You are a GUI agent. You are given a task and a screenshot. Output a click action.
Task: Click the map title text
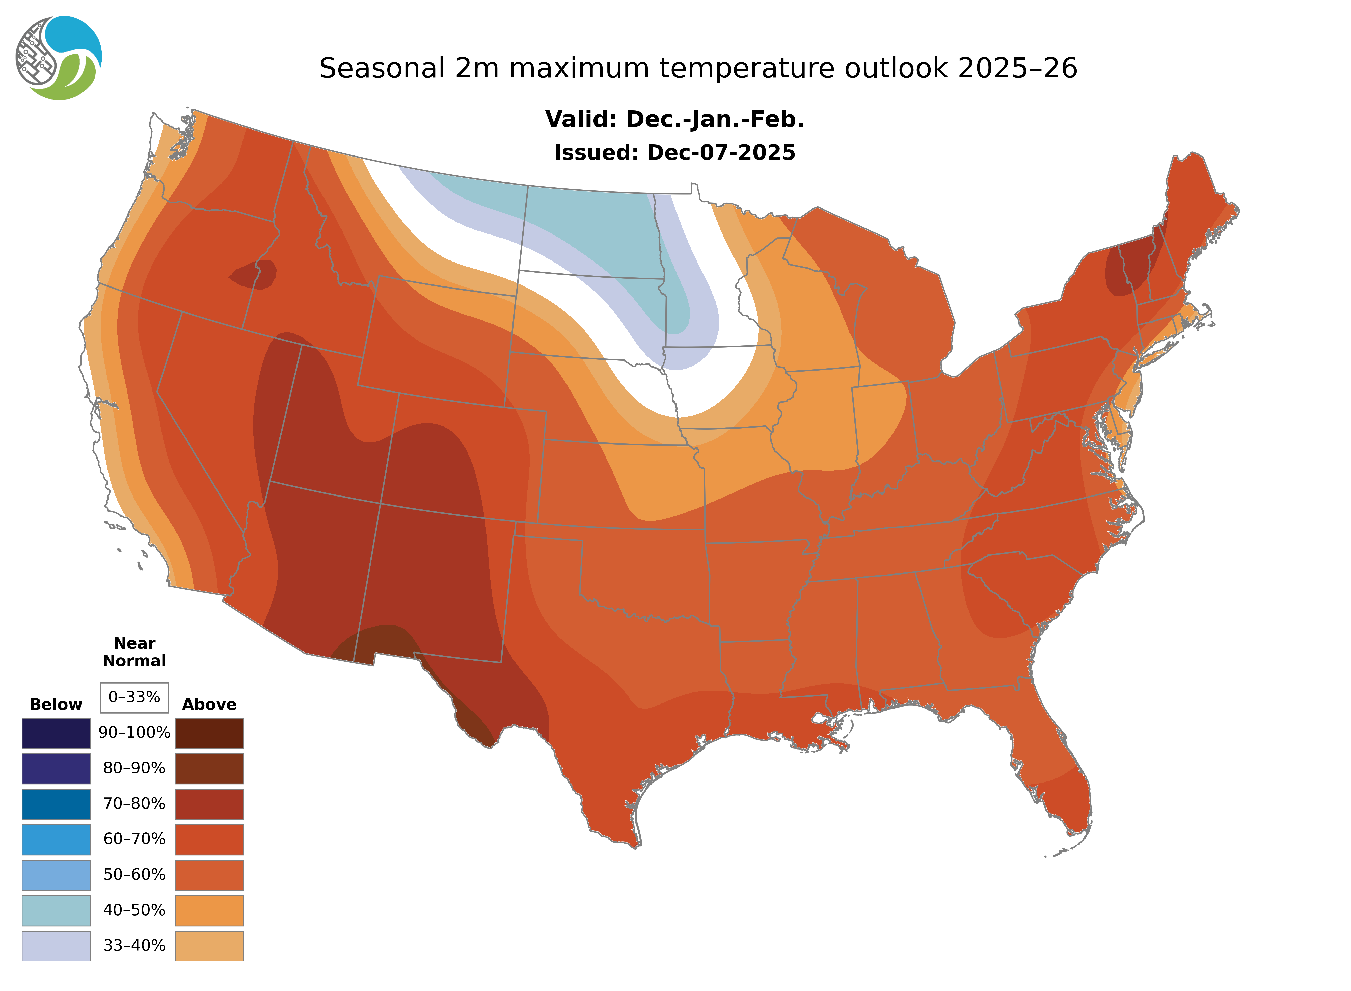(698, 68)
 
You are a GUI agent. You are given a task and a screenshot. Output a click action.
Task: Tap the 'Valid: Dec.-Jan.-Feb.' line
(674, 119)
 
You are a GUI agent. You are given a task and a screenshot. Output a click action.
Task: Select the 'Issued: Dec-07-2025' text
(674, 152)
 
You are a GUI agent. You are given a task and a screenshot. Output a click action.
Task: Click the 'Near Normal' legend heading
(134, 652)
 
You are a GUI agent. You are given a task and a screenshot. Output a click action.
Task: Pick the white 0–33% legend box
(134, 697)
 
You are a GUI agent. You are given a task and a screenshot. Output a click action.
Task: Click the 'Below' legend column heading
(56, 704)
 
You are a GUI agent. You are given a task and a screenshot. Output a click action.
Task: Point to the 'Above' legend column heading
(209, 704)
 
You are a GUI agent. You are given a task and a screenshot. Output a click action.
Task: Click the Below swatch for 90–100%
(56, 733)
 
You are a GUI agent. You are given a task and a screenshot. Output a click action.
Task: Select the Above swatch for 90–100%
(209, 733)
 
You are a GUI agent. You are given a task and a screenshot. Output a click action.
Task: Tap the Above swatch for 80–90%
(209, 768)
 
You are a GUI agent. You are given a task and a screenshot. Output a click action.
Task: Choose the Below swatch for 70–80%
(56, 804)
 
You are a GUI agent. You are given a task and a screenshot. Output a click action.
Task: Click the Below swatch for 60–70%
(56, 839)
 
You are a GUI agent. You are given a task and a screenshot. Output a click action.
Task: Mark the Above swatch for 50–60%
(209, 875)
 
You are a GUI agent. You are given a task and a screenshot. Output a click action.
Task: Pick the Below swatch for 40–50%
(56, 910)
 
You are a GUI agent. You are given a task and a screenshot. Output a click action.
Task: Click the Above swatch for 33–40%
(209, 945)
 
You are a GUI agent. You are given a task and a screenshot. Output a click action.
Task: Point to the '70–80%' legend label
(134, 804)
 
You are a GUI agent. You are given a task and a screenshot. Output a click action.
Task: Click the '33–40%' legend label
(134, 945)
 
